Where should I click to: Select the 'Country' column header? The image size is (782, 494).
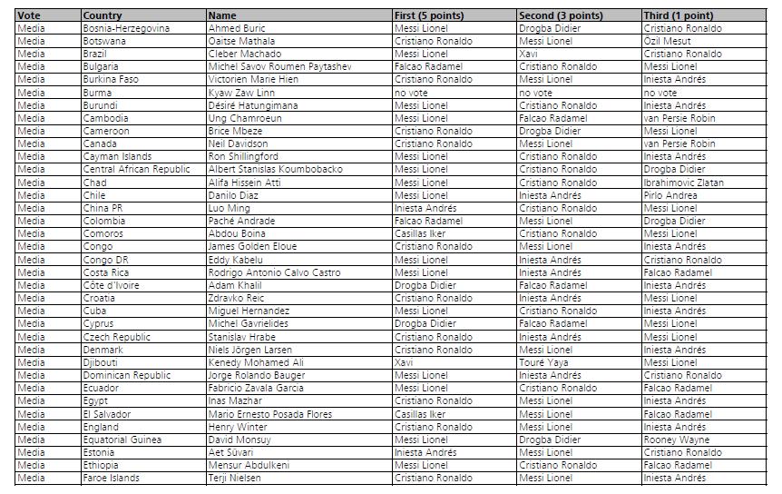(x=102, y=15)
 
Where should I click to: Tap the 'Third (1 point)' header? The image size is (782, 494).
(x=678, y=15)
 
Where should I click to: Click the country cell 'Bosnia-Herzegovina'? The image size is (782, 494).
(x=126, y=28)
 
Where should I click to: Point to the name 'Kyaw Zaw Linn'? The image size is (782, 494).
(x=241, y=93)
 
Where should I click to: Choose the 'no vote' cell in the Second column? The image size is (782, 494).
(x=535, y=93)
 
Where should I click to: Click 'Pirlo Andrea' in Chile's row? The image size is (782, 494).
(x=670, y=195)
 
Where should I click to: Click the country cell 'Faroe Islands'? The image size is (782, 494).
(x=111, y=478)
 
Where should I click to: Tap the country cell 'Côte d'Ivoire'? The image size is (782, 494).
(x=112, y=285)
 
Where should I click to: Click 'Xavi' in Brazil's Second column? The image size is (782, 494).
(x=528, y=54)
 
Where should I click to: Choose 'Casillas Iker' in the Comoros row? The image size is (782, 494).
(x=420, y=233)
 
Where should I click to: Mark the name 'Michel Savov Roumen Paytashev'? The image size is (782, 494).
(x=279, y=66)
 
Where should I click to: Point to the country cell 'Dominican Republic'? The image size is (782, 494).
(x=126, y=375)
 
